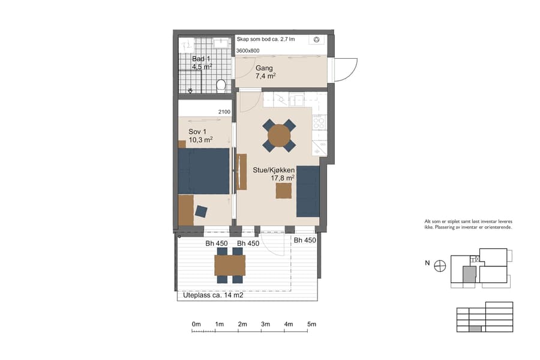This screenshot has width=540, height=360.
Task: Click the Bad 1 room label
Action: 201,59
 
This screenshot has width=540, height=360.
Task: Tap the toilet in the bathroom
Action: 221,85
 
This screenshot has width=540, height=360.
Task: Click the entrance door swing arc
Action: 348,70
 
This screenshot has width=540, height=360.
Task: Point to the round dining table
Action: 279,136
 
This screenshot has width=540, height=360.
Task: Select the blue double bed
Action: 204,171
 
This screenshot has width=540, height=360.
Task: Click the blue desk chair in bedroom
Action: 201,211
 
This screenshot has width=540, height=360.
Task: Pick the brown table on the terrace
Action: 230,265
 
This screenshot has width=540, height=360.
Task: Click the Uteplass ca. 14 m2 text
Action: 209,296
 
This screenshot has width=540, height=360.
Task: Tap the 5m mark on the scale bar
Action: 311,324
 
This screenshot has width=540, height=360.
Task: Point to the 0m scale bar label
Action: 196,324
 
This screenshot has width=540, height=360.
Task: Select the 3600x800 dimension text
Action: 248,51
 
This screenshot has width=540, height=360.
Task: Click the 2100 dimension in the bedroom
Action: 224,112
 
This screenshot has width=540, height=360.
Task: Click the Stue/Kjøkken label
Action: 273,170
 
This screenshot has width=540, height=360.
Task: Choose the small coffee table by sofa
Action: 284,190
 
